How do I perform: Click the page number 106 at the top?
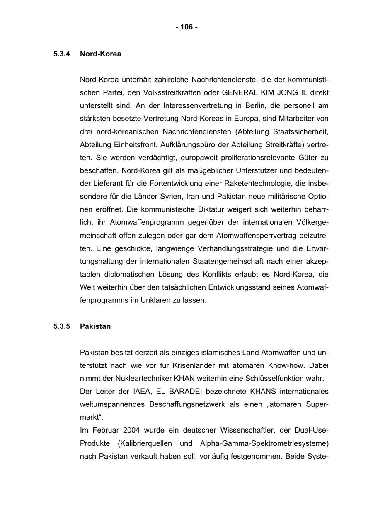pos(186,27)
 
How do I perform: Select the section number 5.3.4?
pos(62,54)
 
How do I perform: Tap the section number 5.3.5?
pos(62,326)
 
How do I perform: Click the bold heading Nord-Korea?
pos(100,54)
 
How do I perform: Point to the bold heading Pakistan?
pos(95,326)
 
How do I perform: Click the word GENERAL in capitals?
pos(237,92)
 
